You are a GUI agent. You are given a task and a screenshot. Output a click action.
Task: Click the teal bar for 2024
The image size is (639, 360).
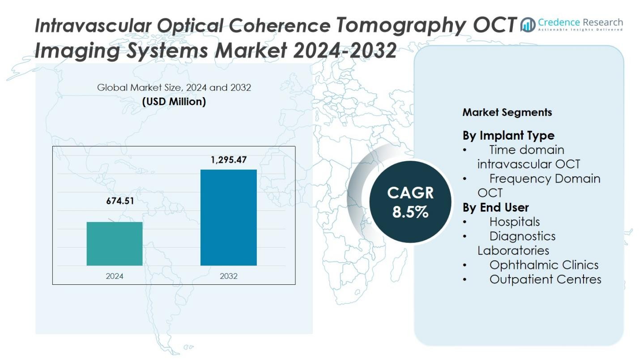click(115, 244)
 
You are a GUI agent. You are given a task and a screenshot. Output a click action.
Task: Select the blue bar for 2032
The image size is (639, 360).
click(228, 218)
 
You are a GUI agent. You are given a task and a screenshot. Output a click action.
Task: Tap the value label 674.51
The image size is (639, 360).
click(120, 201)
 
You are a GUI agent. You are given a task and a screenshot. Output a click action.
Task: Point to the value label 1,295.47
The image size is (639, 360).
click(229, 160)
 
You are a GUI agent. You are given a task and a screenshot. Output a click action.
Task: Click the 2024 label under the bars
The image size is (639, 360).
click(115, 276)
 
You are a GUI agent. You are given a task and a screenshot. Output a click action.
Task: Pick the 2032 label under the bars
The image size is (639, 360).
click(229, 276)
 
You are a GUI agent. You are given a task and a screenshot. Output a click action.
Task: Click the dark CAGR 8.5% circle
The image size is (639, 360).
click(410, 202)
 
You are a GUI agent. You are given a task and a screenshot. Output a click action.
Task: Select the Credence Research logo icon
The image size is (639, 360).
click(528, 25)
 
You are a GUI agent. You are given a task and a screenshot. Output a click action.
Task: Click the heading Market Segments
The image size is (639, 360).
click(507, 112)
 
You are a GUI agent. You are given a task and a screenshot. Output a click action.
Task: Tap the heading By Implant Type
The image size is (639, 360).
click(508, 135)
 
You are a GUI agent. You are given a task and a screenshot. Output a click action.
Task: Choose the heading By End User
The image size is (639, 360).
click(495, 207)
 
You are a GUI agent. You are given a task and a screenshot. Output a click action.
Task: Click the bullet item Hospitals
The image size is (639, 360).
click(514, 222)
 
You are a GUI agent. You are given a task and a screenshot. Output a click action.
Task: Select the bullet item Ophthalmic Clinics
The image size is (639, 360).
click(544, 265)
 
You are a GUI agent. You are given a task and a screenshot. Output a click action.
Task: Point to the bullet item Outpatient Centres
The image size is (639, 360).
click(545, 279)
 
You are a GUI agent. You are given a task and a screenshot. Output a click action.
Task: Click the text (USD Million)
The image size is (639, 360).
click(174, 102)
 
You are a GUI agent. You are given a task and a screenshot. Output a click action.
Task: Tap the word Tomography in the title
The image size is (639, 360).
click(399, 26)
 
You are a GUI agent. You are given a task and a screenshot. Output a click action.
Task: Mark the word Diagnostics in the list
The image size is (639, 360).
click(522, 236)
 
